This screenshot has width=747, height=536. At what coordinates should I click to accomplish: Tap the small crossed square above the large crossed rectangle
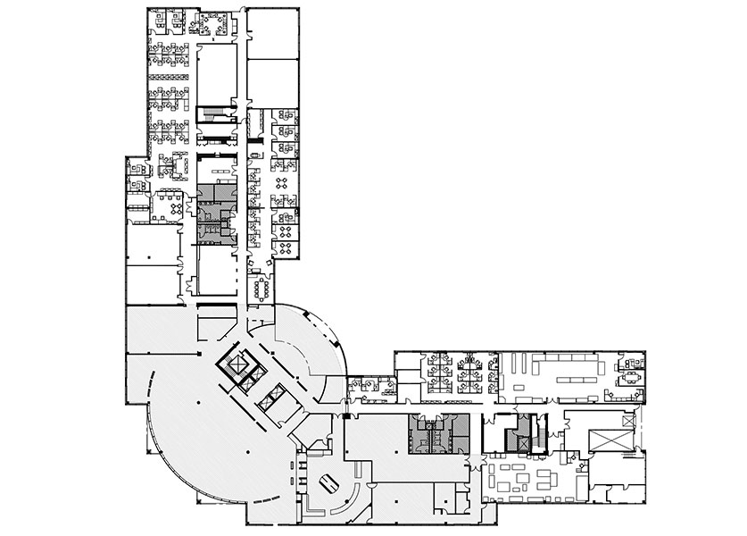628,420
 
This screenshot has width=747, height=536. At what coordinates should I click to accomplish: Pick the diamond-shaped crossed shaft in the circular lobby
240,366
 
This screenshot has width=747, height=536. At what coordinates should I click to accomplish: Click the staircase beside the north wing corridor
210,116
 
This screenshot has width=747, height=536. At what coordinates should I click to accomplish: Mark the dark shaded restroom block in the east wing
438,431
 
